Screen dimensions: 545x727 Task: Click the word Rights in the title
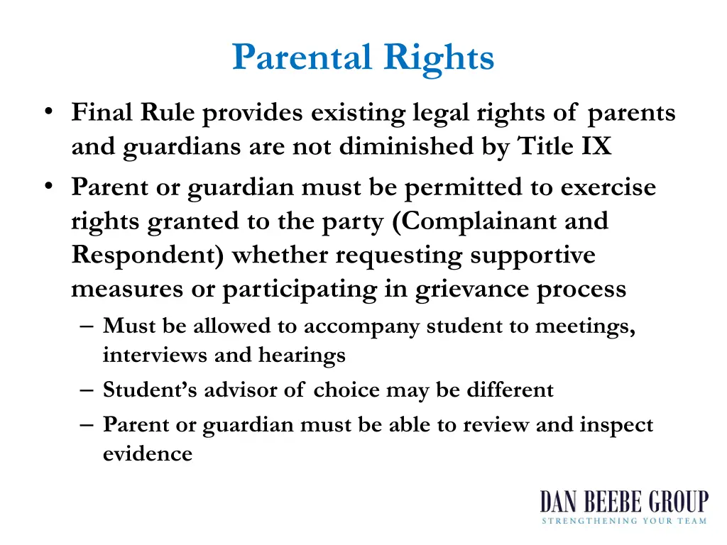[x=439, y=57]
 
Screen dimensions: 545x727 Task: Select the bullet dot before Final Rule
[x=48, y=111]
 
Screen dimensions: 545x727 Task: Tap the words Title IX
[x=564, y=146]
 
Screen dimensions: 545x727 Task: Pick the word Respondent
[x=148, y=255]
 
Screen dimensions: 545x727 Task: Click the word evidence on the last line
[x=148, y=453]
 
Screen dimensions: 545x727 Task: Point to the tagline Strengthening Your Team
[x=623, y=521]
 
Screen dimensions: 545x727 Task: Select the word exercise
[x=608, y=187]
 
